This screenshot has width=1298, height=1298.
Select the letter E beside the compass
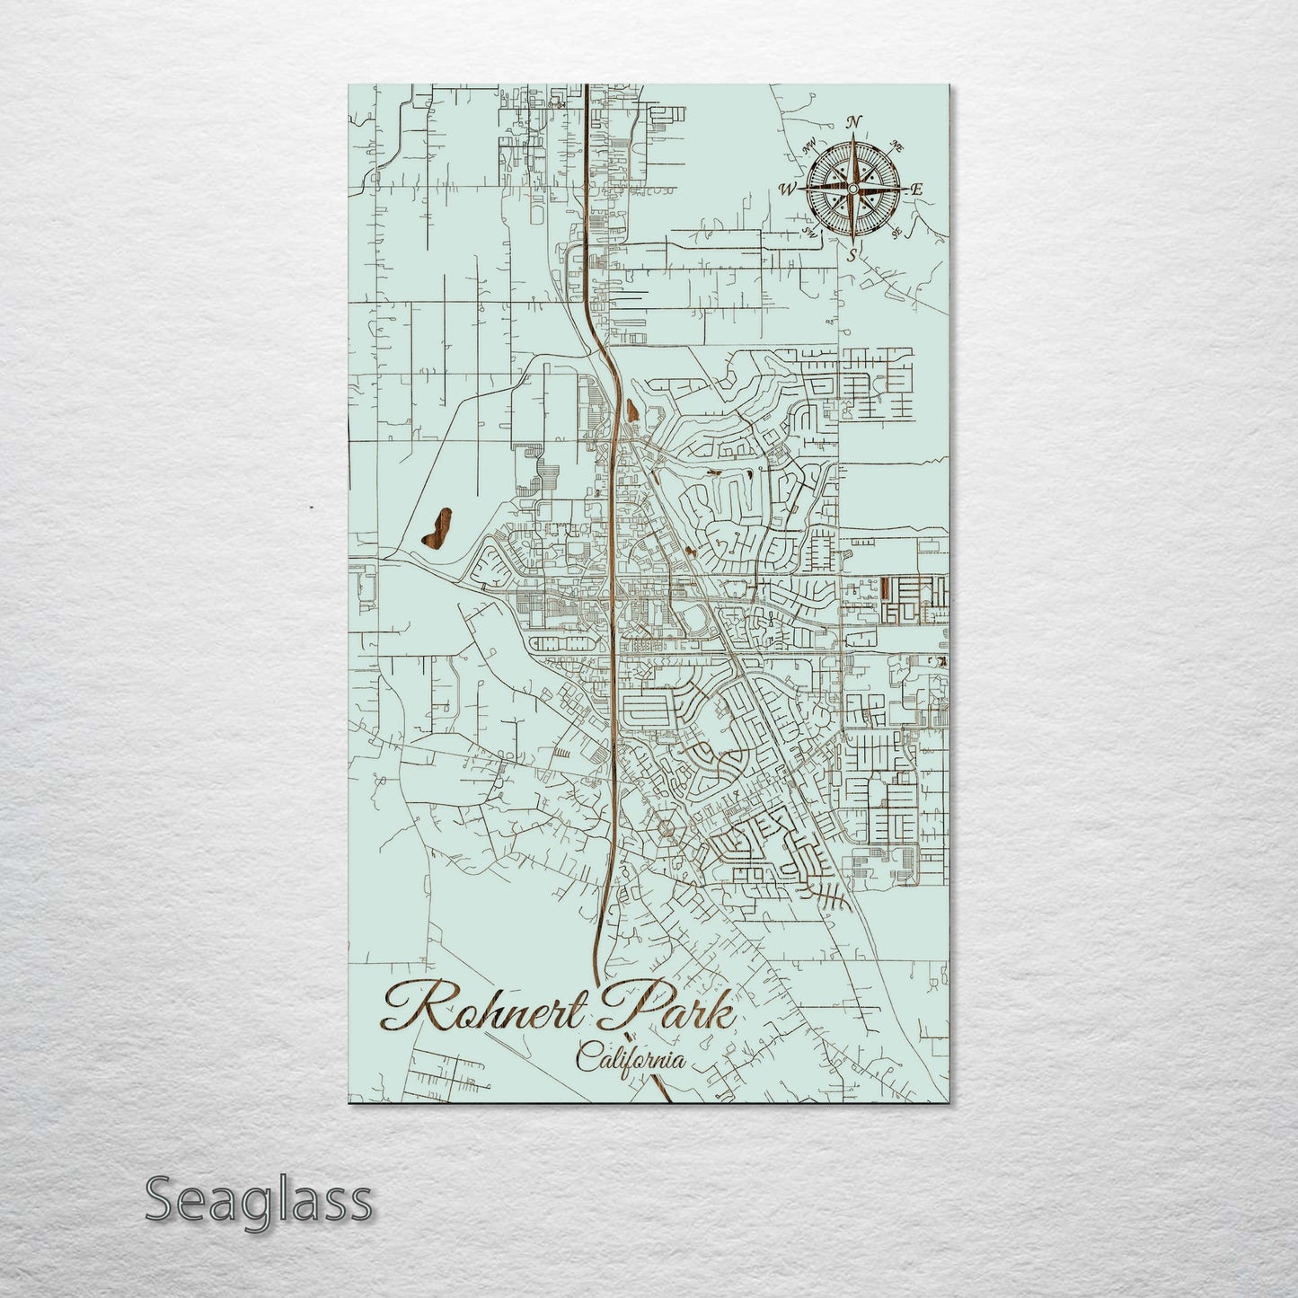click(917, 190)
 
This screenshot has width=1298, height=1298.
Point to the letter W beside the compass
click(788, 190)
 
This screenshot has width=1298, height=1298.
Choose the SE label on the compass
click(896, 233)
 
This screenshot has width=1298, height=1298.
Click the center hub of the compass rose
click(852, 189)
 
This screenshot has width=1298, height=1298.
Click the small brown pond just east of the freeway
click(634, 411)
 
